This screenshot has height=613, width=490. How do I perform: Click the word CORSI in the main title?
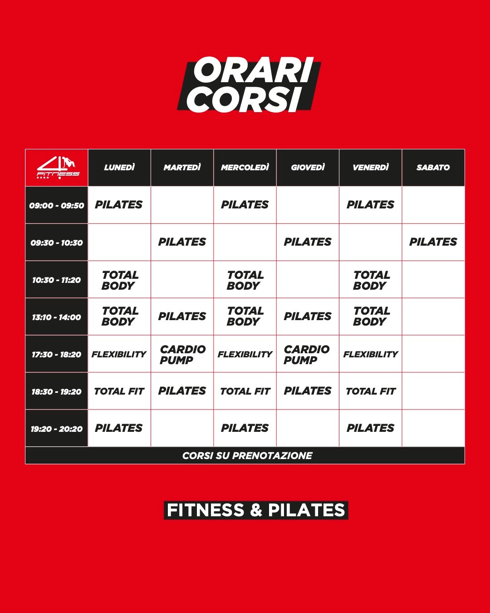(244, 99)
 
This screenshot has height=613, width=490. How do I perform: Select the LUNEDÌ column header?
(119, 168)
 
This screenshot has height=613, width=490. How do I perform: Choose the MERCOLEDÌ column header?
(245, 168)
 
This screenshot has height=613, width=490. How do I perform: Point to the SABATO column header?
(433, 168)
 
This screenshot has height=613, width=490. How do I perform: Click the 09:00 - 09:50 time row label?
(56, 205)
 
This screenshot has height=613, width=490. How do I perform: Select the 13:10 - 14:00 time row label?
(56, 317)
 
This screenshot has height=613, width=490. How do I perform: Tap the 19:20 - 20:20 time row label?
(56, 429)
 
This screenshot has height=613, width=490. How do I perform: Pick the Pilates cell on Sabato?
(433, 242)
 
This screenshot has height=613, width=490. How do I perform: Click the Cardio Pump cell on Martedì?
(182, 355)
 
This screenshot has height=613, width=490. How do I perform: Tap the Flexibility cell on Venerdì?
(370, 354)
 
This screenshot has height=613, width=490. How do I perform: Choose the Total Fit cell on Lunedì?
(119, 391)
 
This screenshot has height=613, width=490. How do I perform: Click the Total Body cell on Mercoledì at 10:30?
(245, 280)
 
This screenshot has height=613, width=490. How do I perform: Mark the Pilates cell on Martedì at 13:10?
(182, 316)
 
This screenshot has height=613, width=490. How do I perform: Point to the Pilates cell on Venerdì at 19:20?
(370, 428)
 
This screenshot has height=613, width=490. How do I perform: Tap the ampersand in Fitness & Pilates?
(256, 510)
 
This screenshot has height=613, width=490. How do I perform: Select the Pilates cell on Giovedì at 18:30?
(308, 391)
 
